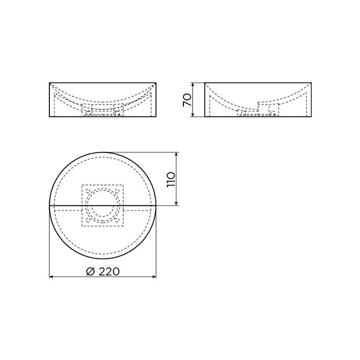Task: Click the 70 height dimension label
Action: pos(186,100)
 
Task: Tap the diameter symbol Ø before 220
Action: pos(89,271)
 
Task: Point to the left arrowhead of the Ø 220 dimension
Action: pos(52,276)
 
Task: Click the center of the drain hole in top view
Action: pos(102,205)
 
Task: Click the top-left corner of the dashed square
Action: pos(82,184)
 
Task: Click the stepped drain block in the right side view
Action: pos(269,109)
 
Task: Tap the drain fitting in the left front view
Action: pos(103,109)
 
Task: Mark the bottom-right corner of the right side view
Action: pos(312,116)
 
